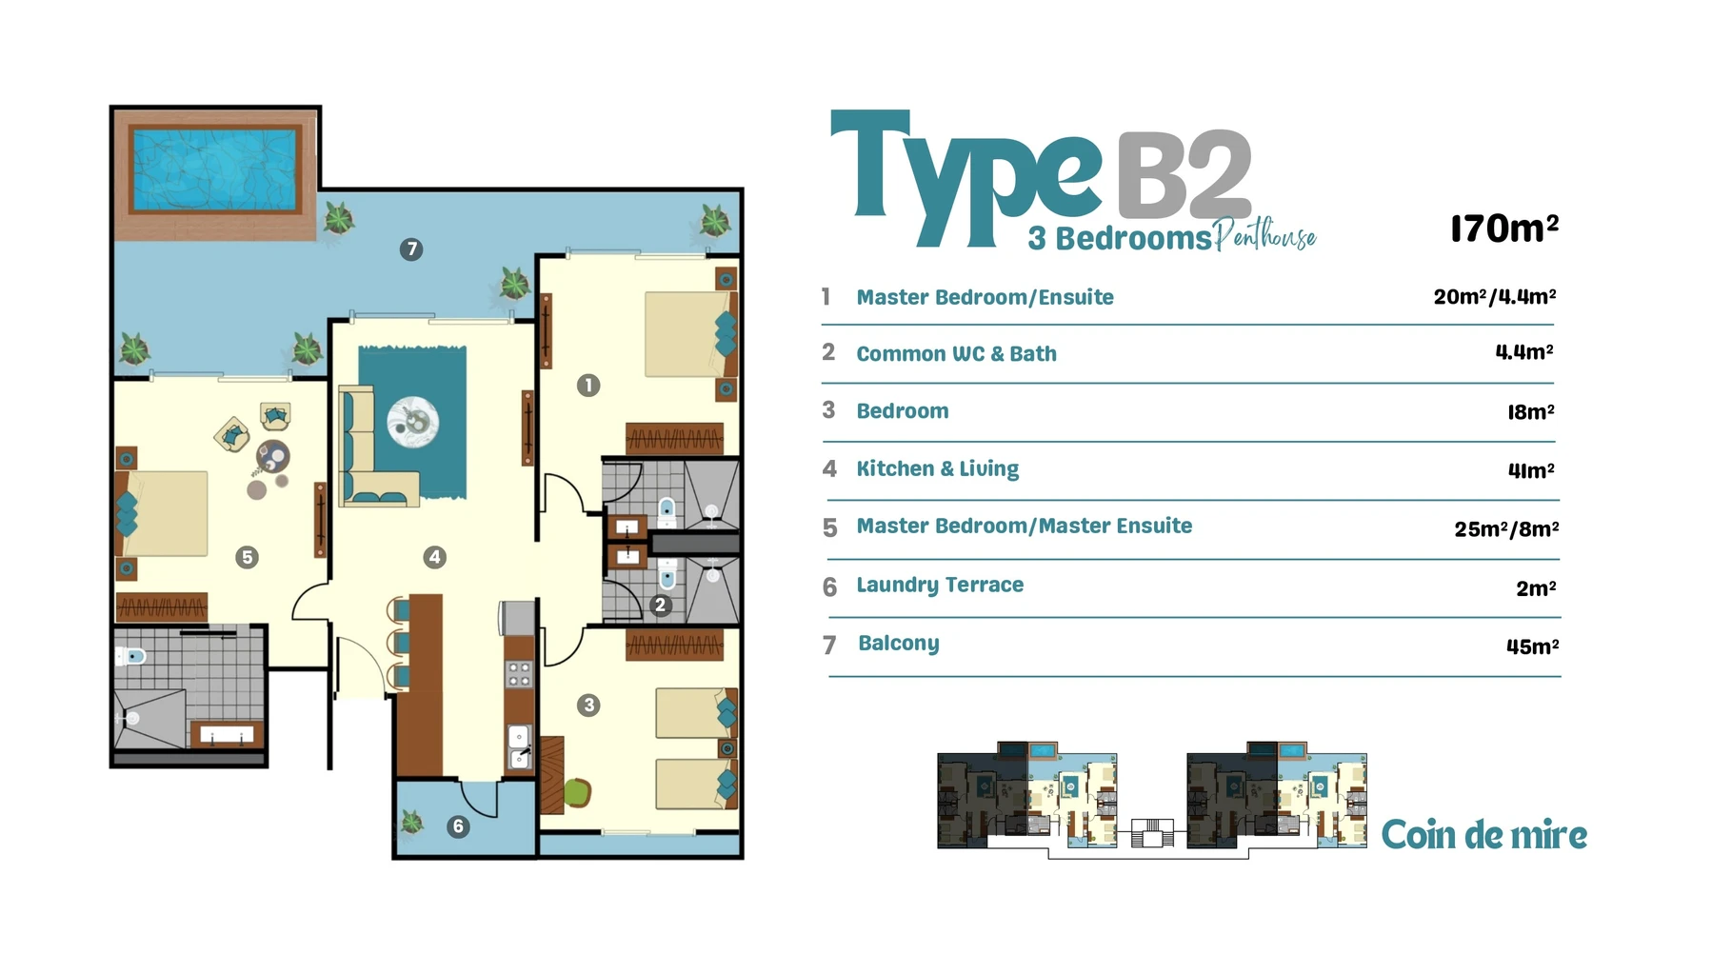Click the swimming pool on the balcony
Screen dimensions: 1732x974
tap(215, 169)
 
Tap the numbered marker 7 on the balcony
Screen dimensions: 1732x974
tap(411, 249)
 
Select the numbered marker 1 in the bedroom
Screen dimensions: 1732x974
tap(588, 385)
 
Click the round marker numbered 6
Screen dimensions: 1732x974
tap(458, 826)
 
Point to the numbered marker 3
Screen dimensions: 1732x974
tap(588, 706)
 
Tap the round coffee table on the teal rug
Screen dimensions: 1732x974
tap(413, 420)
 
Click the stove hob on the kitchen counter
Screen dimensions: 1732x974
tap(519, 674)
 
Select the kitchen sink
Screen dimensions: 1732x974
tap(519, 746)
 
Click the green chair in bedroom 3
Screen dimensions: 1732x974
tap(577, 792)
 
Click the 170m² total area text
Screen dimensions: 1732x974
tap(1504, 229)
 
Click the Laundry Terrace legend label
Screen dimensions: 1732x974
tap(940, 586)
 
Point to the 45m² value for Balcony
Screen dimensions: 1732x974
tap(1532, 646)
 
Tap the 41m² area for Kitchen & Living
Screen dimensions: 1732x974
tap(1531, 470)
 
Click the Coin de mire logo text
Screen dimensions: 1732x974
tap(1483, 835)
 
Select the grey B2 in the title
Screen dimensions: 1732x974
tap(1184, 175)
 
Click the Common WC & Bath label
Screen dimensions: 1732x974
tap(956, 354)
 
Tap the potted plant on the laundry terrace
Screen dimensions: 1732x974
tap(411, 822)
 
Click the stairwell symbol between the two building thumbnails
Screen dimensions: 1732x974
tap(1152, 833)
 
